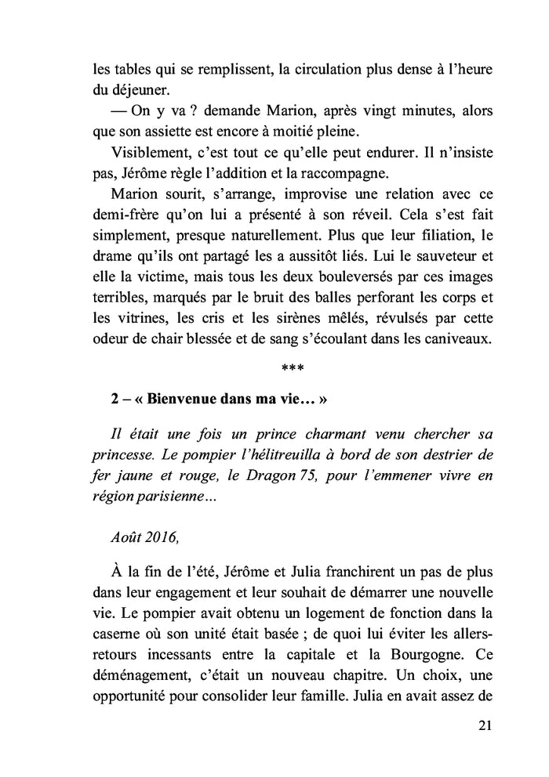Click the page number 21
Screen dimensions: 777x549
(x=484, y=726)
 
